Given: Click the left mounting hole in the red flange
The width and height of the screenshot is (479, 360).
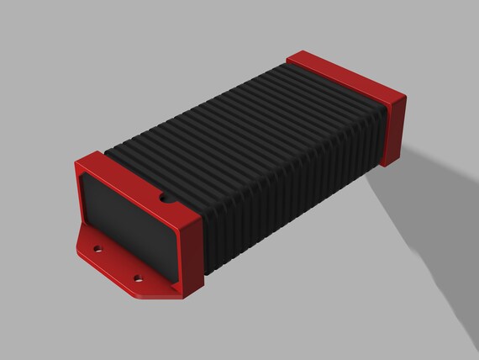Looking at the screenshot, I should tap(99, 249).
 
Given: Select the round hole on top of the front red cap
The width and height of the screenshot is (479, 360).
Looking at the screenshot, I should tap(165, 200).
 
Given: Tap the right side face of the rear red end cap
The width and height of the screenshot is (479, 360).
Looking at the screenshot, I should tap(396, 130).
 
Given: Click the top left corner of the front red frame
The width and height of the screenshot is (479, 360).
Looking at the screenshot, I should tap(77, 162).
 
